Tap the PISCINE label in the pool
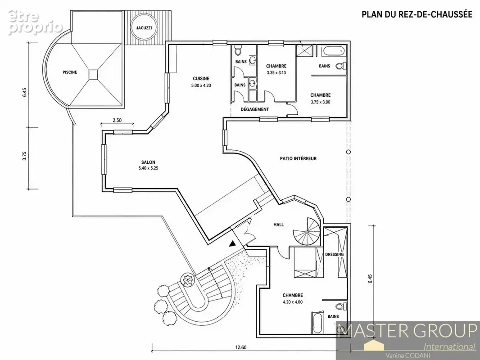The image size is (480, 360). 70,72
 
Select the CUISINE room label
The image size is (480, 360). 201,79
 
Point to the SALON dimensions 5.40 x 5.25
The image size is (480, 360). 148,168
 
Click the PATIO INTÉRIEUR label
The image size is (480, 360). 298,158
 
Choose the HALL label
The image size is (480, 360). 279,225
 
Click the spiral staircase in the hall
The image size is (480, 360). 307,232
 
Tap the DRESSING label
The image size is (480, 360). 334,254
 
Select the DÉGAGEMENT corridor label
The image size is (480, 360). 255,109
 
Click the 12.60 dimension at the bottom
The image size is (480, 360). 241,347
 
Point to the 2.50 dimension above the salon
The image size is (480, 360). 117,120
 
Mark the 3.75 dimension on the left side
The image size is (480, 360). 25,156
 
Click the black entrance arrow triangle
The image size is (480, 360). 233,243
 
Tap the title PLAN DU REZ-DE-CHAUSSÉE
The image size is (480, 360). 417,14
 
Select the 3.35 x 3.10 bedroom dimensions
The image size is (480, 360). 276,73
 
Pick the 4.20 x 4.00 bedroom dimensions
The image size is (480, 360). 293,302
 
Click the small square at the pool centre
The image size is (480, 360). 93,74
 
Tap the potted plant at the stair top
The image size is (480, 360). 187,279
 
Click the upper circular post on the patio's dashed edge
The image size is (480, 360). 349,152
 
